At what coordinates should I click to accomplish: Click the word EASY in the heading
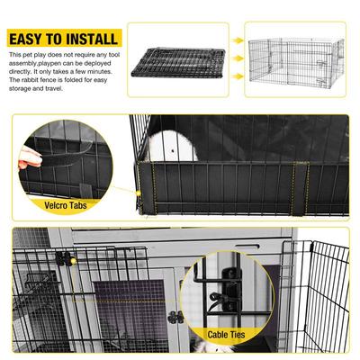(x=28, y=40)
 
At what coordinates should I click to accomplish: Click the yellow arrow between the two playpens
(x=234, y=41)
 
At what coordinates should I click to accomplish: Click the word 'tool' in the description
(x=111, y=54)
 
